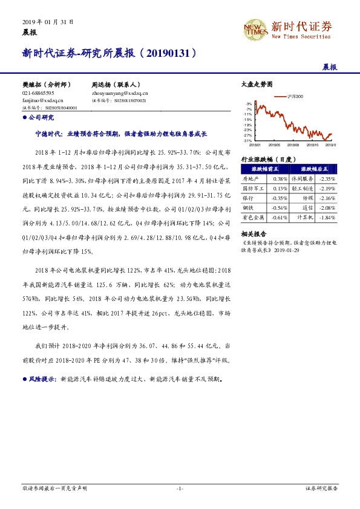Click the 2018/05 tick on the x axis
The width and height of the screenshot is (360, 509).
pyautogui.click(x=273, y=145)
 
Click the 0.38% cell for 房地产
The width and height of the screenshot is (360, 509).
pyautogui.click(x=280, y=179)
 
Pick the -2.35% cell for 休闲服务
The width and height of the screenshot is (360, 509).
pyautogui.click(x=327, y=179)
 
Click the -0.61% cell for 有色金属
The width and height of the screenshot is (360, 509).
pyautogui.click(x=280, y=217)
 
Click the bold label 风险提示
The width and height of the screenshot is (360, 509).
pyautogui.click(x=42, y=380)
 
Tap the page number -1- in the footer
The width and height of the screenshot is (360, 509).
pyautogui.click(x=180, y=487)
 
